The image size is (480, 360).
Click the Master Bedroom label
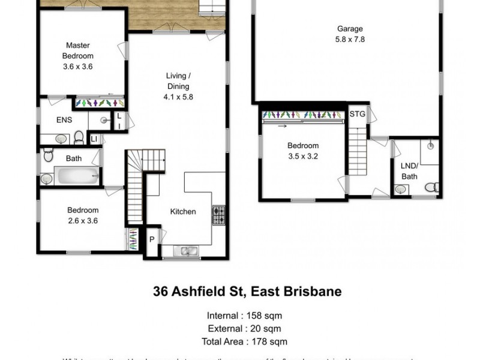click(x=78, y=50)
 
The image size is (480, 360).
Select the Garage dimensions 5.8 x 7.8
click(x=350, y=39)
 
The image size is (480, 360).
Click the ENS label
click(x=64, y=120)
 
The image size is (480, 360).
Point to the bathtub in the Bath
click(x=77, y=177)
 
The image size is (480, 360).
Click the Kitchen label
click(x=183, y=212)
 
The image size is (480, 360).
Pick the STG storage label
click(x=357, y=113)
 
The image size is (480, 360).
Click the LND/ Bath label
click(x=409, y=171)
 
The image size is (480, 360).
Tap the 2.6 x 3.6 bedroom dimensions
click(x=82, y=220)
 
